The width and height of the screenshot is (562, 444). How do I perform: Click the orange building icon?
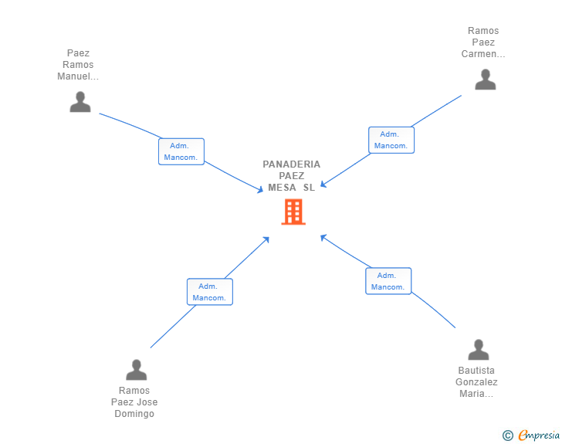point(293,212)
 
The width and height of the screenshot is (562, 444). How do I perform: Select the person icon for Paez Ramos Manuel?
point(80,102)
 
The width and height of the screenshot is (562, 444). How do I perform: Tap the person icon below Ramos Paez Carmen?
point(486,80)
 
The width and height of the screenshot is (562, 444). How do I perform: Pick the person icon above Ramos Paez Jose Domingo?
point(136,369)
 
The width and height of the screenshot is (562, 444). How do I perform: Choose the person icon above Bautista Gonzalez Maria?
point(479,350)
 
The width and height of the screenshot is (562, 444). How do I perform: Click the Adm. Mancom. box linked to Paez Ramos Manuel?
point(181,151)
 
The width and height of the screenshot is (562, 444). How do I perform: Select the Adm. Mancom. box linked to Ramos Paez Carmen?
point(391,140)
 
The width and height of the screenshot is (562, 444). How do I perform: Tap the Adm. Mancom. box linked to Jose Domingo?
point(210,292)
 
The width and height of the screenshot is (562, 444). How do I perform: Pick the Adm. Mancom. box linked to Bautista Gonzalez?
point(388,281)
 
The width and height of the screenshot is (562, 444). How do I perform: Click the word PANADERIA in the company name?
point(291,164)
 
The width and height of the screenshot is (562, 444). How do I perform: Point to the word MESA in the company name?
point(282,188)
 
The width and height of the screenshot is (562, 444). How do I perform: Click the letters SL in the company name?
point(309,188)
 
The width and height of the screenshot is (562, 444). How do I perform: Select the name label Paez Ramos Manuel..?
point(78,65)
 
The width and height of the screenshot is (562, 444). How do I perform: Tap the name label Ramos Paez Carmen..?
point(483,42)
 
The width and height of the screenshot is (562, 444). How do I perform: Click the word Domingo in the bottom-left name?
point(134,414)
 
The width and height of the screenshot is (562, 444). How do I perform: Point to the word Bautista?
point(476,370)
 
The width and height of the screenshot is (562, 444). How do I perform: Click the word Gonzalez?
point(476,382)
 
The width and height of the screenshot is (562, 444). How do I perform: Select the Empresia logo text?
point(539,435)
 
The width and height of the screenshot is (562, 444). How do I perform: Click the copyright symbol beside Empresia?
point(507,436)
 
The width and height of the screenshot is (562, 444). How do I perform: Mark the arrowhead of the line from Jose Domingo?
point(266,239)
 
